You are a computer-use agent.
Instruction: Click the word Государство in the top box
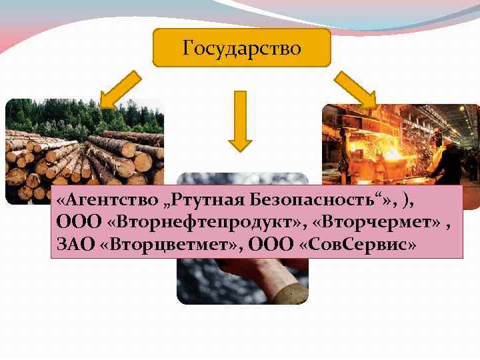(x=241, y=48)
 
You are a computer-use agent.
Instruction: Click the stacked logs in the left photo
(x=80, y=160)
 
